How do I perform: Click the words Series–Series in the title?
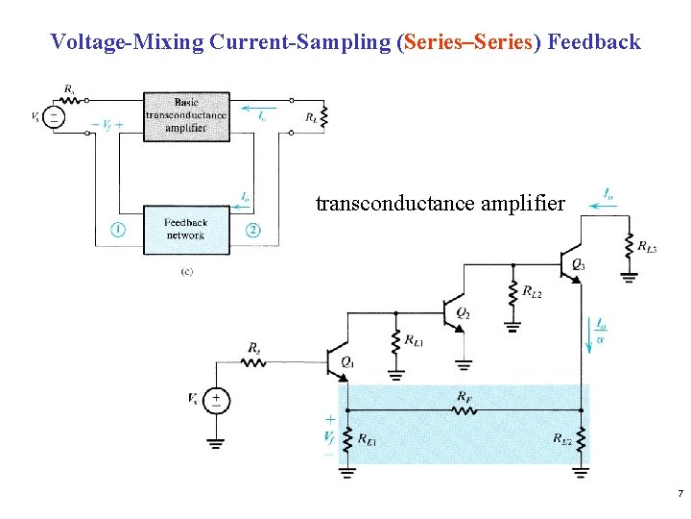point(468,41)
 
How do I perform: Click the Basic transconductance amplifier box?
point(186,116)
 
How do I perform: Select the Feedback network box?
point(186,229)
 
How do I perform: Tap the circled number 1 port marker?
point(115,229)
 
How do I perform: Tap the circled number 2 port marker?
point(252,229)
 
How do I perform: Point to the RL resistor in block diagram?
point(325,117)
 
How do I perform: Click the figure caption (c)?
point(186,272)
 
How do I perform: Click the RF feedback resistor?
point(464,409)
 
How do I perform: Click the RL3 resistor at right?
point(629,246)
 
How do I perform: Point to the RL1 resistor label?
point(414,340)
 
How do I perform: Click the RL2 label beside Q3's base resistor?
point(532,290)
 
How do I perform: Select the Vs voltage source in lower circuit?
point(216,399)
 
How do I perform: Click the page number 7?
point(679,493)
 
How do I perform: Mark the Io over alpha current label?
point(601,331)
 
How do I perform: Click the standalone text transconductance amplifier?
point(441,203)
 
